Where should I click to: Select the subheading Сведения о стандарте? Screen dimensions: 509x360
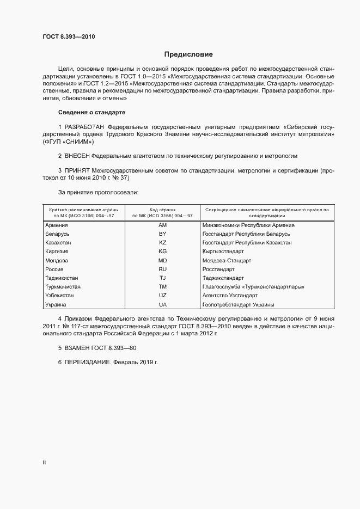(91, 112)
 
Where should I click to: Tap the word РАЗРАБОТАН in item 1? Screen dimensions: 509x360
(85, 126)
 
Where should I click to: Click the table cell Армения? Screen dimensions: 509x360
(56, 225)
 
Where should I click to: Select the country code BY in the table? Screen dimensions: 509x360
(162, 234)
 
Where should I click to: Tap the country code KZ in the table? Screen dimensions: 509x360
(162, 242)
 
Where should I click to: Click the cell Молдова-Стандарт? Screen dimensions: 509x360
(226, 260)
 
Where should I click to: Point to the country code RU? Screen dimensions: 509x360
(162, 269)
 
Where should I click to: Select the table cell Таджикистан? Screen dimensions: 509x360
(62, 278)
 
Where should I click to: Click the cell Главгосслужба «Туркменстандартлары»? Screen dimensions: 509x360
(253, 286)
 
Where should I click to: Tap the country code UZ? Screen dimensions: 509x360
(162, 296)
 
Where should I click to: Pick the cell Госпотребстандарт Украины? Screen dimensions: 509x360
(237, 304)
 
